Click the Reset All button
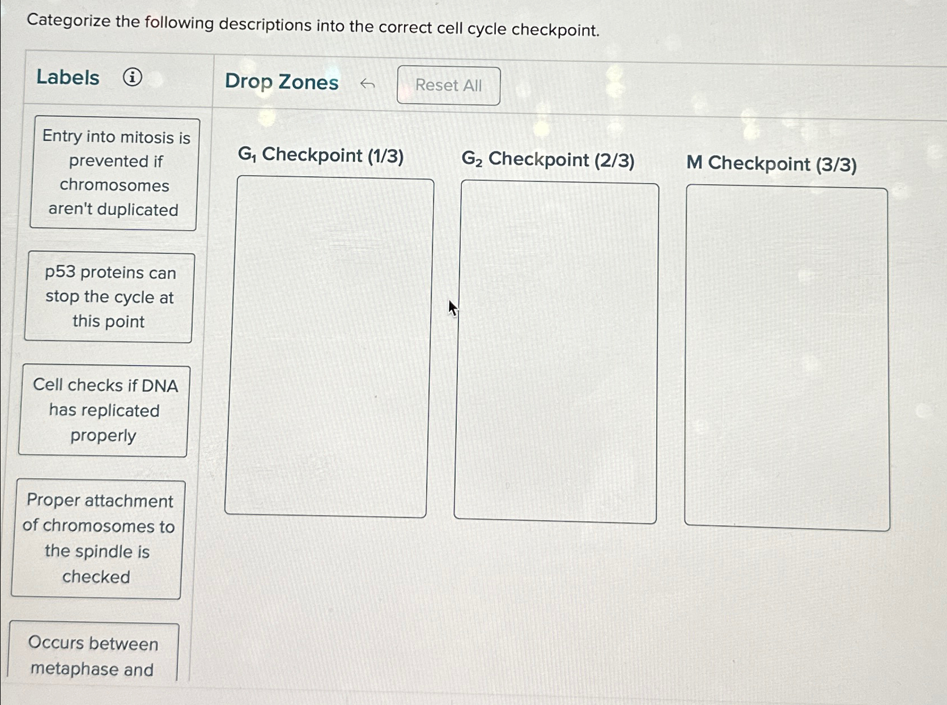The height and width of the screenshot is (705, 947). coord(448,86)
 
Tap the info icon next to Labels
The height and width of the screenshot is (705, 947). coord(133,77)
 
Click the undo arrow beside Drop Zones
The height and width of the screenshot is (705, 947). coord(367,84)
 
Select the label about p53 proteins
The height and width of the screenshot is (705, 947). coord(109,297)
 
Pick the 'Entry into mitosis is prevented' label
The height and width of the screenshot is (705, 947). coord(114,173)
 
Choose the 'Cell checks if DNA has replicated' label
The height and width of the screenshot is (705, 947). coord(104,410)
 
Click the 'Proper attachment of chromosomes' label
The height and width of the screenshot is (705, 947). coord(98,538)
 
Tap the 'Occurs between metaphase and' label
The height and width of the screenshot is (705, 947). coord(93,655)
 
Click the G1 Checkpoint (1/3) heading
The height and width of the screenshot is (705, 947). coord(321,155)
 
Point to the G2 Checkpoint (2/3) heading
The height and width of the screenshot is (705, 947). coord(547,160)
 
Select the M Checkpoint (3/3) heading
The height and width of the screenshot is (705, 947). coord(771,164)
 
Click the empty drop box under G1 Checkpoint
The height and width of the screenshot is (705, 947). coord(328,346)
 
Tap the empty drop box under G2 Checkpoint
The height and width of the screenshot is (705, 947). coord(557,351)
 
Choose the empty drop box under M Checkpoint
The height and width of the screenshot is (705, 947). coord(787,358)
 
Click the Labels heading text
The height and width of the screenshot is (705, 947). coord(68,77)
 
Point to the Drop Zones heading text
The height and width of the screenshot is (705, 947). coord(282,82)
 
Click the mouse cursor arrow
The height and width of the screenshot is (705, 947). coord(452,308)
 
